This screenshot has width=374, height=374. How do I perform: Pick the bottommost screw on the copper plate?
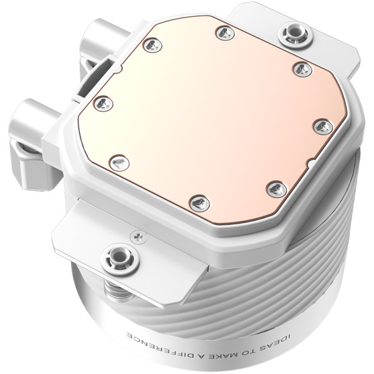198,201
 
